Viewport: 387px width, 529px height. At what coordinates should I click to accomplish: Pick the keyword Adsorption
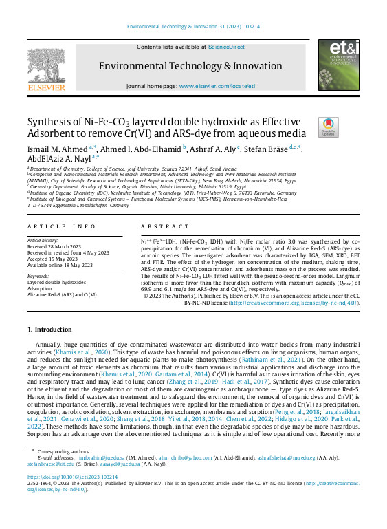tap(40, 288)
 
